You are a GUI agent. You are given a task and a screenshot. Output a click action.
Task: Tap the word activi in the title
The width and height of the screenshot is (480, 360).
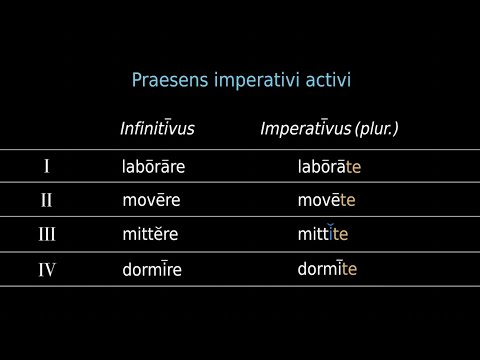pyautogui.click(x=327, y=79)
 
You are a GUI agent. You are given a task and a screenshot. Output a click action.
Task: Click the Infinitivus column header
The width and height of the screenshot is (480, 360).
pyautogui.click(x=157, y=130)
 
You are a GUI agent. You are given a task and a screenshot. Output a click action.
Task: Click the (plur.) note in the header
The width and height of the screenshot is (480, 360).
pyautogui.click(x=377, y=130)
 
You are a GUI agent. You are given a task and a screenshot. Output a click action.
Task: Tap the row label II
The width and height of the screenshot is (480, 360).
pyautogui.click(x=46, y=200)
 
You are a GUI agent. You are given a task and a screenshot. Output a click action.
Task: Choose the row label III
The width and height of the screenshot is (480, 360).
pyautogui.click(x=46, y=235)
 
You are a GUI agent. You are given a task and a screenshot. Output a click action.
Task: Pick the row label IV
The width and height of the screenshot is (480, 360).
pyautogui.click(x=46, y=269)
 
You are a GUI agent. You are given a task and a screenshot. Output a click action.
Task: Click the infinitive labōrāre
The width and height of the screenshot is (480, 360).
pyautogui.click(x=154, y=166)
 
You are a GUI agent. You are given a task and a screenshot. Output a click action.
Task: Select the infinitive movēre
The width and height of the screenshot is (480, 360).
pyautogui.click(x=151, y=200)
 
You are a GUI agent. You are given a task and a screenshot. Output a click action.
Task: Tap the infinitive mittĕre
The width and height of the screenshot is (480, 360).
pyautogui.click(x=149, y=235)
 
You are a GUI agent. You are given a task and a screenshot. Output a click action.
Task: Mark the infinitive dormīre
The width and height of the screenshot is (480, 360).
pyautogui.click(x=152, y=269)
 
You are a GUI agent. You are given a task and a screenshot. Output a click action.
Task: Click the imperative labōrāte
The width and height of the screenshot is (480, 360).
pyautogui.click(x=329, y=166)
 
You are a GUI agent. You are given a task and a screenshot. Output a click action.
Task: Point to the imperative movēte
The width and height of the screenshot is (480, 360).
pyautogui.click(x=326, y=200)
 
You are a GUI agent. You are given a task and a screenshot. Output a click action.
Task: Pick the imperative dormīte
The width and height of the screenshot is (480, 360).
pyautogui.click(x=327, y=268)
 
